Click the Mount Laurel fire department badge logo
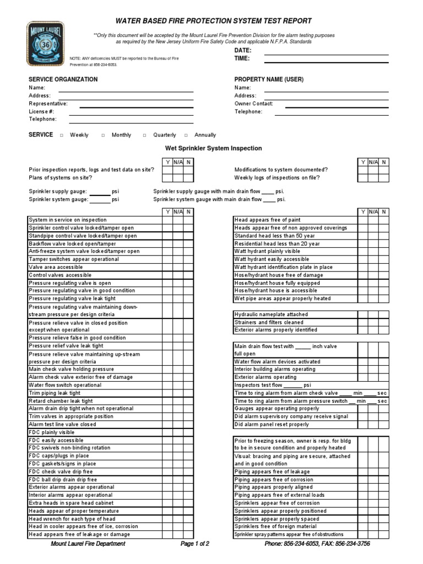(45, 44)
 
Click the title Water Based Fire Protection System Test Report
(213, 21)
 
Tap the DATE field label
(243, 50)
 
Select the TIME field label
(242, 58)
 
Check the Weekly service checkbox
(61, 135)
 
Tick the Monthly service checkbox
(103, 135)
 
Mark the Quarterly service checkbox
(145, 135)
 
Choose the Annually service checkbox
(186, 135)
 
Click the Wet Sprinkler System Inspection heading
(214, 148)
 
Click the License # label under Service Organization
(41, 111)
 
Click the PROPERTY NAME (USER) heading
(269, 79)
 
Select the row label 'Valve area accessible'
(56, 267)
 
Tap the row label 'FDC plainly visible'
(51, 432)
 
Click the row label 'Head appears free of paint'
(267, 220)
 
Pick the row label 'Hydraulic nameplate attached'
(271, 314)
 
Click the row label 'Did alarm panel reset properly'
(272, 425)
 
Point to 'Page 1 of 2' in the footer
(195, 544)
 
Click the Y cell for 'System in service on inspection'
(167, 220)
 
